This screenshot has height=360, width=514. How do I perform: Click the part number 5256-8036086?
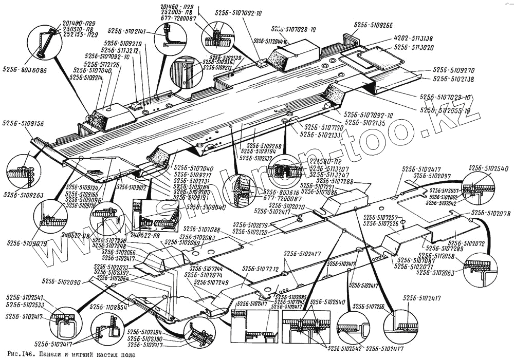point(24,69)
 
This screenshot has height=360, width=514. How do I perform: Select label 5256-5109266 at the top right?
point(373,25)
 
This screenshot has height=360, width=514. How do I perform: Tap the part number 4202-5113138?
point(414,39)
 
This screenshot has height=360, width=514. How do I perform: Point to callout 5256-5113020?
point(414,47)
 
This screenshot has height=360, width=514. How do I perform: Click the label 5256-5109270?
point(453,70)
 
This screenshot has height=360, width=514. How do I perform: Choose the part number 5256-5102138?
point(453,79)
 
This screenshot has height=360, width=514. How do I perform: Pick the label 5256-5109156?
point(23,124)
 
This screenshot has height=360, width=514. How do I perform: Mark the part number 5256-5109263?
point(23,195)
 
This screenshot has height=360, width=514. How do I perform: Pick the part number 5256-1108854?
point(108,307)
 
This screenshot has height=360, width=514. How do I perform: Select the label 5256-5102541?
point(25,297)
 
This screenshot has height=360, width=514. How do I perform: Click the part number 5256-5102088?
point(201,229)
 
